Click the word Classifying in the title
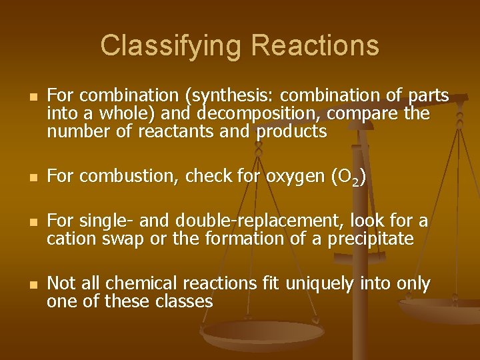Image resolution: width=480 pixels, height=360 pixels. (x=171, y=46)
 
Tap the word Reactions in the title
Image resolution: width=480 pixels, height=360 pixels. (x=315, y=46)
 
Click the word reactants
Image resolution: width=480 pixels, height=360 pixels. (x=177, y=131)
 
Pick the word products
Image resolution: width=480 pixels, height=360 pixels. (x=291, y=131)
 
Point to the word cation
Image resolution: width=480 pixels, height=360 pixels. (x=69, y=239)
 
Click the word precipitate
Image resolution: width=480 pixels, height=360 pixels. (x=371, y=239)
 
